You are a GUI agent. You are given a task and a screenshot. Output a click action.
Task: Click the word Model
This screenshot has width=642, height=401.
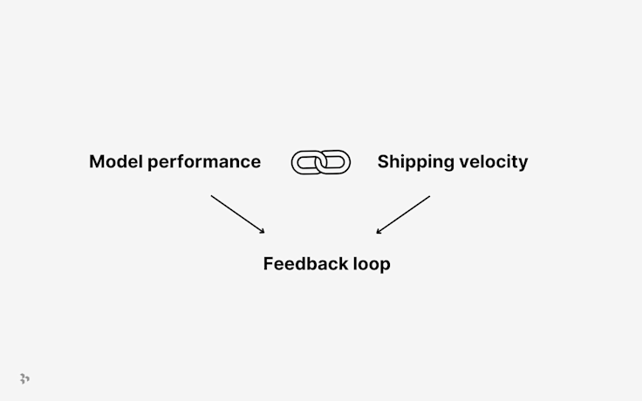116,161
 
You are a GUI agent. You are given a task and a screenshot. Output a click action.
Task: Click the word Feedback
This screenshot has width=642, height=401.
304,263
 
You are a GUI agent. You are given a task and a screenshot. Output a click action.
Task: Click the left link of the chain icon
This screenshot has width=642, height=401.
306,162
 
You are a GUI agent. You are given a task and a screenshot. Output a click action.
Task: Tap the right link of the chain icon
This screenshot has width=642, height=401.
336,162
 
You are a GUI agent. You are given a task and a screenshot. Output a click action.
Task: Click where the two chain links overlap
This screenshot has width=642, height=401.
321,162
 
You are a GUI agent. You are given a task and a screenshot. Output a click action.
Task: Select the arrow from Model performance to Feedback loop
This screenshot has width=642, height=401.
237,214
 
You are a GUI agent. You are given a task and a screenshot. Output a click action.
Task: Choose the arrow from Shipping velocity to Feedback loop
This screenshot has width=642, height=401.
403,214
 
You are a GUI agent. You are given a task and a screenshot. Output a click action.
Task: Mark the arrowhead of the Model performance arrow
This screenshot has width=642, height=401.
263,232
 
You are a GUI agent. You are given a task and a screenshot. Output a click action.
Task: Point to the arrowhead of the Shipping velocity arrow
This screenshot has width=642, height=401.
378,232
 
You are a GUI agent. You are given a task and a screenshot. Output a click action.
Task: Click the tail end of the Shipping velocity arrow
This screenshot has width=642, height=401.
429,196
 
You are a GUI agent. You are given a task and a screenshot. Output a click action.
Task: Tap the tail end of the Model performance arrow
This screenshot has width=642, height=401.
212,196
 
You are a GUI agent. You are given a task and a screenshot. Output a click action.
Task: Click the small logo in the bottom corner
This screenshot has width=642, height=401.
24,378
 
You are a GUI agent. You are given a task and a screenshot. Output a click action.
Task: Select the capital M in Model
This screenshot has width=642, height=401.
97,161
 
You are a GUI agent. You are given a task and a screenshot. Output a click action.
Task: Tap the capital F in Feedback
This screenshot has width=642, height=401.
269,263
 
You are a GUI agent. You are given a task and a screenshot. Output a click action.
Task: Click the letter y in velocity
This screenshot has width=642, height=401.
522,164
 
